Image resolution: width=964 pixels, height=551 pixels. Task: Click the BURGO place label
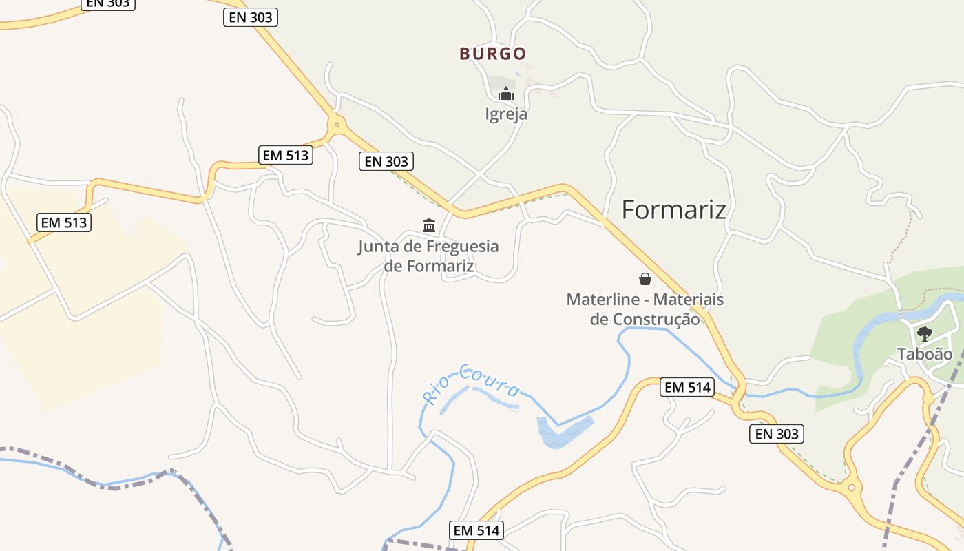(493, 54)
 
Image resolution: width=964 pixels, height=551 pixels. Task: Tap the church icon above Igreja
(506, 94)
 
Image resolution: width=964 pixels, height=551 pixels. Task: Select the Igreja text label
(506, 114)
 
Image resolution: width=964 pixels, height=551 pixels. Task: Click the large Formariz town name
(673, 209)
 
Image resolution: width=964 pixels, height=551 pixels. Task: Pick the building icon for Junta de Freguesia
(429, 225)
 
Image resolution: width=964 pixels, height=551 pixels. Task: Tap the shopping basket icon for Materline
(645, 279)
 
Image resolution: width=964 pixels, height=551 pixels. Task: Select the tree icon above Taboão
(924, 334)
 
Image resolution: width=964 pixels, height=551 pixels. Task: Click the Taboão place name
(924, 354)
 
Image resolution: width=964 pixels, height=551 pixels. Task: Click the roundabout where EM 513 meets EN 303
(336, 125)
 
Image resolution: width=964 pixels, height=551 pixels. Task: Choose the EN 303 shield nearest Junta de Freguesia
(386, 162)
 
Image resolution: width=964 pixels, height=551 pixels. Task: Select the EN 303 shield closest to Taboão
(776, 434)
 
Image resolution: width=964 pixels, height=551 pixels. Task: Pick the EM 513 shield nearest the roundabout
(286, 155)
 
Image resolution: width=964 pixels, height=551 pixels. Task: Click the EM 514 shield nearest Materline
(686, 388)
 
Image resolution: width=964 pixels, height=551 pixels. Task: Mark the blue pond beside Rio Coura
(563, 432)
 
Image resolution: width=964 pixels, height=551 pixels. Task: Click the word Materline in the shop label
(606, 300)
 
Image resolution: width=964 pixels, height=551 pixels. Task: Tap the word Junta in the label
(379, 247)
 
